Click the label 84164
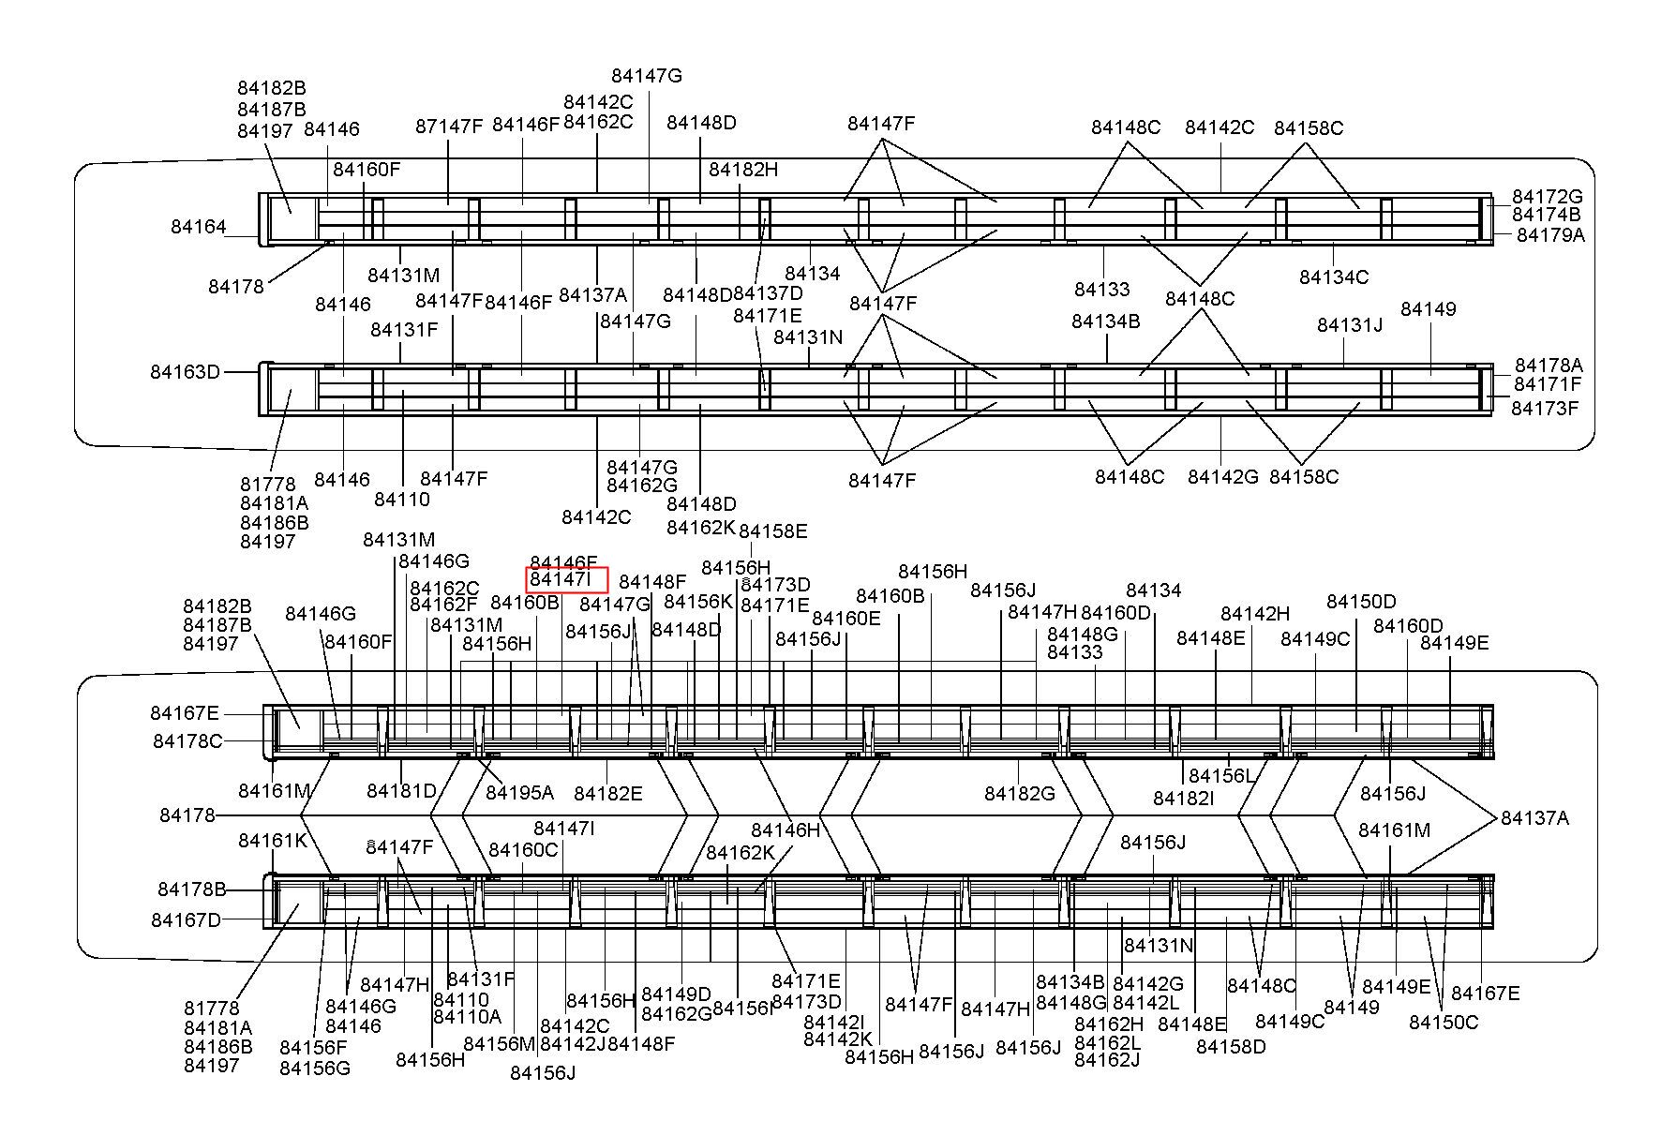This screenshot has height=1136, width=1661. [199, 227]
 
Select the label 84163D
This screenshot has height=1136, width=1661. [185, 372]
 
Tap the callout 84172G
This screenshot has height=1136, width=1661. [1547, 197]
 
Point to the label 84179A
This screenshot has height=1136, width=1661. [1550, 235]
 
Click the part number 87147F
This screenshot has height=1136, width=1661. [449, 126]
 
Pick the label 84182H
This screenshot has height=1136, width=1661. [743, 170]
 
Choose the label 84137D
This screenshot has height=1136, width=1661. [768, 294]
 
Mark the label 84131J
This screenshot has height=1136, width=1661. [1350, 325]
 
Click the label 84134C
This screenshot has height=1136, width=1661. [1334, 277]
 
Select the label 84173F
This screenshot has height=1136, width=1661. [1545, 409]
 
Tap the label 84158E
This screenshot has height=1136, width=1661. [773, 531]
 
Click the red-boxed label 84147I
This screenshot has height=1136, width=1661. [566, 580]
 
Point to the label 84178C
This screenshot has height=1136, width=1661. [187, 741]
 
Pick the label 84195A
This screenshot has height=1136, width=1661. [519, 793]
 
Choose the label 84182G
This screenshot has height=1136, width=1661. [1020, 794]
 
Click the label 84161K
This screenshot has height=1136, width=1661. [273, 841]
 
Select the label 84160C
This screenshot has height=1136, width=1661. [523, 850]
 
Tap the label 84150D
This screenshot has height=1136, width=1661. [1361, 602]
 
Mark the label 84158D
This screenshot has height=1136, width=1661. [1231, 1047]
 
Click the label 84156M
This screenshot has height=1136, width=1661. [499, 1044]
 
